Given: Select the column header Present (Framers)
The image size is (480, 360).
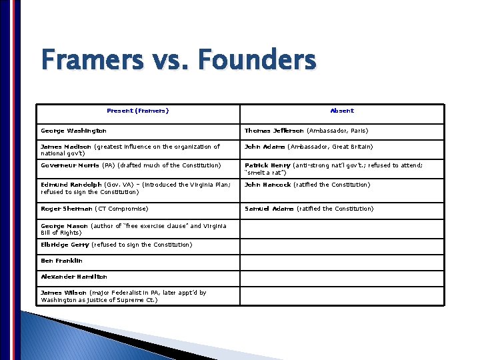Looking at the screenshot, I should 138,111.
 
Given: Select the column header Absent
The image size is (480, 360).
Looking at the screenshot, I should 342,111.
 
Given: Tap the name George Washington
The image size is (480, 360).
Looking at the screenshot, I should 73,131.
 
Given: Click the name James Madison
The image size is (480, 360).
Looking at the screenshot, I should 65,147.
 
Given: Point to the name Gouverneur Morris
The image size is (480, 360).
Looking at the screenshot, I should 70,165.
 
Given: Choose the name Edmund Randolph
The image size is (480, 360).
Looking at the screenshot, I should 71,185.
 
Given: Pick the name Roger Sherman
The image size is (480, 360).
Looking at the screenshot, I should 67,209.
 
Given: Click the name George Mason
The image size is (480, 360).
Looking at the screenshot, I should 64,226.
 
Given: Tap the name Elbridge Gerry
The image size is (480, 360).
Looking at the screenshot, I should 65,245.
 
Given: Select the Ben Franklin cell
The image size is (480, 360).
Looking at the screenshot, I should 62,261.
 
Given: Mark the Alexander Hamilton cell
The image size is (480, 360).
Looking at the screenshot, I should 74,277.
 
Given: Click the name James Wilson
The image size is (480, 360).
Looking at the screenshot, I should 63,293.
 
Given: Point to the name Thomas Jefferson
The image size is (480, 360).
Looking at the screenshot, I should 274,131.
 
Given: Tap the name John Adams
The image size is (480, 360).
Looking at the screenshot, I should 265,147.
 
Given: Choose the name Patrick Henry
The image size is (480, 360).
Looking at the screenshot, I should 267,165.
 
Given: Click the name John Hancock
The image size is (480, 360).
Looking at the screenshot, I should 268,185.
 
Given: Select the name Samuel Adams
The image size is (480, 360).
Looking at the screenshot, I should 269,209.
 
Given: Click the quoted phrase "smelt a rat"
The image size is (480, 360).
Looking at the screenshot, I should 267,173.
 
